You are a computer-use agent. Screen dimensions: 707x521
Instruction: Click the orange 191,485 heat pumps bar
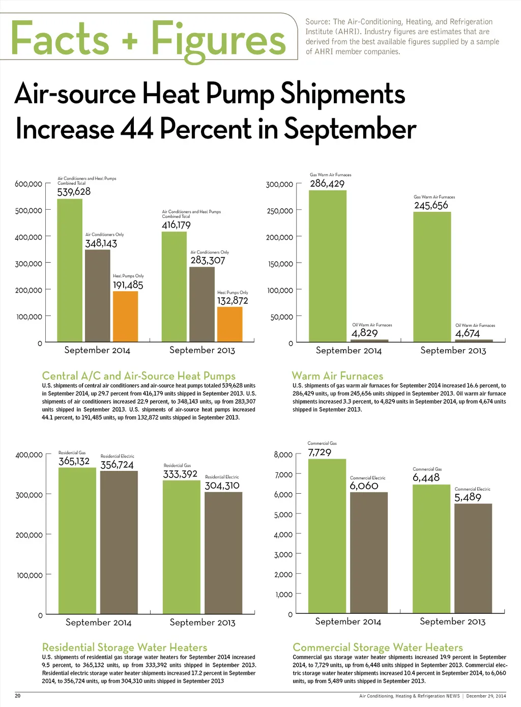125,316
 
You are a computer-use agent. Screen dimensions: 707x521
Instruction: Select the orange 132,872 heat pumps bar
229,324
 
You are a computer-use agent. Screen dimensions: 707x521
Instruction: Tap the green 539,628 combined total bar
70,270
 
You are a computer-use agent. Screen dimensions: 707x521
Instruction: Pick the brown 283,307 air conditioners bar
202,304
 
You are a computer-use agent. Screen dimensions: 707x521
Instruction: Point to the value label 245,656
431,206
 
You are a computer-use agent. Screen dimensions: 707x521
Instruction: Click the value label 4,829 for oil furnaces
364,333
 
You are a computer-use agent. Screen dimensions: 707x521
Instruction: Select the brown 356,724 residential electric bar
119,542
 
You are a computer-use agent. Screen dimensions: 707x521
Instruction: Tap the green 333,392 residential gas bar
182,547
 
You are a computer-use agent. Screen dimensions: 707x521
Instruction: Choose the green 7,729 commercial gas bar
328,536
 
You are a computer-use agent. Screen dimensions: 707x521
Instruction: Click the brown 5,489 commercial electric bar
473,558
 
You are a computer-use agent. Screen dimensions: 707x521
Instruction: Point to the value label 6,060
364,486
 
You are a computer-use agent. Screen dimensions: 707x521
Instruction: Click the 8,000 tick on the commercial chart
283,455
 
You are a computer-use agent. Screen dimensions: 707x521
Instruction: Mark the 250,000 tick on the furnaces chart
280,211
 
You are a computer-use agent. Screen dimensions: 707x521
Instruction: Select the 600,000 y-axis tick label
28,184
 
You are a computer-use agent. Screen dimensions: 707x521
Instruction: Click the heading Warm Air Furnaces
337,376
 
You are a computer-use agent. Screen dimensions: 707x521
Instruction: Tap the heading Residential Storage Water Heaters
125,647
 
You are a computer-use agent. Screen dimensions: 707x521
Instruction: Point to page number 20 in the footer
17,696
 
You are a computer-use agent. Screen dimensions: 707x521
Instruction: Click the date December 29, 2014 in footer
486,696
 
